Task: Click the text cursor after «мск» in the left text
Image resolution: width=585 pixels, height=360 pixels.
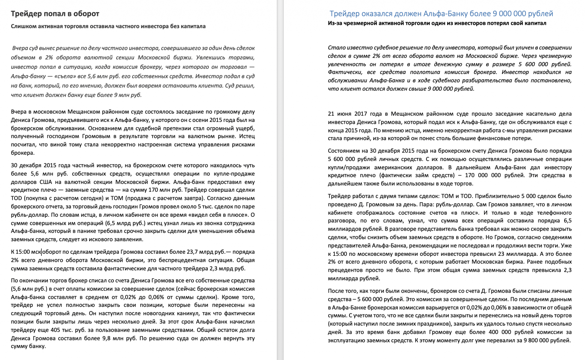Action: click(x=42, y=252)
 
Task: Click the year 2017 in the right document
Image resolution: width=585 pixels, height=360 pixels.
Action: click(x=361, y=114)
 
